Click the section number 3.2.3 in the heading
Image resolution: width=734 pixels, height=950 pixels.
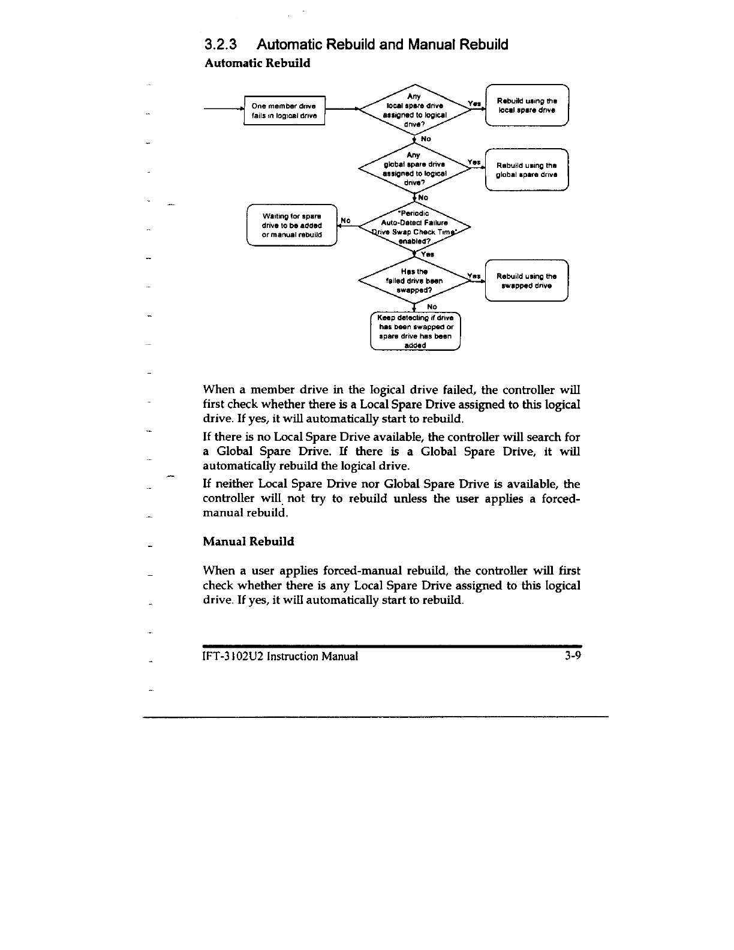(x=221, y=44)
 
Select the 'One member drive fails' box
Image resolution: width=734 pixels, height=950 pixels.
(x=284, y=110)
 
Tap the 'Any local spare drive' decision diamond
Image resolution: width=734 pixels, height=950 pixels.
(x=414, y=110)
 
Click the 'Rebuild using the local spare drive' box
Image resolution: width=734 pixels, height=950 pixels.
(x=527, y=106)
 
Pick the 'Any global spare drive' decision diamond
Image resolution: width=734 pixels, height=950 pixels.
(x=414, y=169)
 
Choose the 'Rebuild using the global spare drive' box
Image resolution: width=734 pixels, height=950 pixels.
(x=527, y=170)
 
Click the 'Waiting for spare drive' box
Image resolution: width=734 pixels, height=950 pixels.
(x=292, y=225)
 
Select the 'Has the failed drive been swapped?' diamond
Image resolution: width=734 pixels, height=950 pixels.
(x=414, y=281)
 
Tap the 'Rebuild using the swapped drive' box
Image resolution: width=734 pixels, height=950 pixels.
(x=527, y=281)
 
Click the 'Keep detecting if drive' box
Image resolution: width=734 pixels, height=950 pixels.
(x=415, y=331)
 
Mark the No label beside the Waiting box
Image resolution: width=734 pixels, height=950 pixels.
(x=345, y=220)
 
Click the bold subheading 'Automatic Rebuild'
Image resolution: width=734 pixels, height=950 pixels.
(x=257, y=63)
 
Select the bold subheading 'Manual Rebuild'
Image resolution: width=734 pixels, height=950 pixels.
(x=248, y=542)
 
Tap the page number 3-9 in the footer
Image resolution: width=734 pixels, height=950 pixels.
(x=573, y=656)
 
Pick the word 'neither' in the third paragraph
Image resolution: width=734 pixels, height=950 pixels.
(x=233, y=484)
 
